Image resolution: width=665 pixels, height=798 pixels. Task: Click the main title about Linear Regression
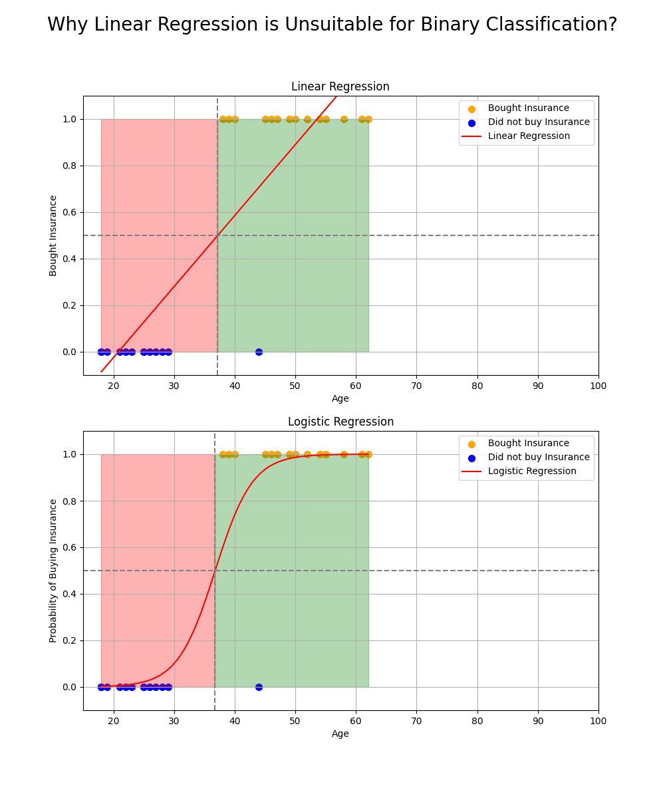(332, 25)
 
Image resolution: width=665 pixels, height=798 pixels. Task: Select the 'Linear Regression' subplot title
(340, 87)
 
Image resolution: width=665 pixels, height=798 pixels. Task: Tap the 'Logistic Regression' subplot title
(340, 422)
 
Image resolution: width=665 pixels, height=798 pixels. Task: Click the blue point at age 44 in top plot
(259, 352)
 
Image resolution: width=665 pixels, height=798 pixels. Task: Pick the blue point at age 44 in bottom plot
(259, 687)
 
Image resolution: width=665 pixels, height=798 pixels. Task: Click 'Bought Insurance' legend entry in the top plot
(528, 108)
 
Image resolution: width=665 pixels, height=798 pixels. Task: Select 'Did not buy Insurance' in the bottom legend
(538, 458)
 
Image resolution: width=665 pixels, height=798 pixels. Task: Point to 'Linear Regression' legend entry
(528, 136)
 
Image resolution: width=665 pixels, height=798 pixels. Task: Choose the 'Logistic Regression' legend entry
(531, 471)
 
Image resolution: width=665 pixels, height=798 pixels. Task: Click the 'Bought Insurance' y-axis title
(54, 235)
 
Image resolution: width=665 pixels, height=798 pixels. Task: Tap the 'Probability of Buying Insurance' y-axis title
(54, 571)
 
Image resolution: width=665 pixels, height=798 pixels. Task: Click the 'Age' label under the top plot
(340, 399)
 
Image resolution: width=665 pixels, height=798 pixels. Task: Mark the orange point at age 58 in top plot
(344, 120)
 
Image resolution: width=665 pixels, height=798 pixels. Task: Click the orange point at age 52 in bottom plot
(307, 455)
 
